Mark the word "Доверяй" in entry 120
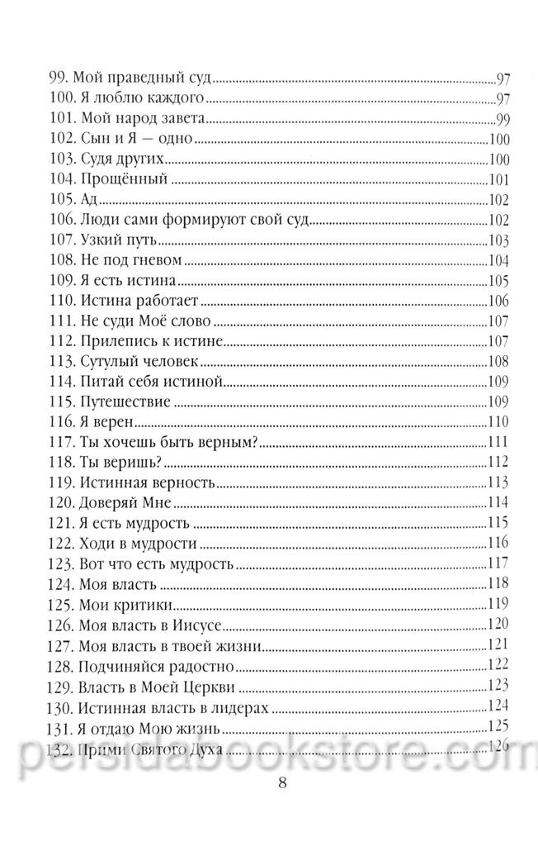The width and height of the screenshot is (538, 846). point(111,502)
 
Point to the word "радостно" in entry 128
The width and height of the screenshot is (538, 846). point(204,664)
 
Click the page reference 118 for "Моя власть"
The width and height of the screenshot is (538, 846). point(500,584)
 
